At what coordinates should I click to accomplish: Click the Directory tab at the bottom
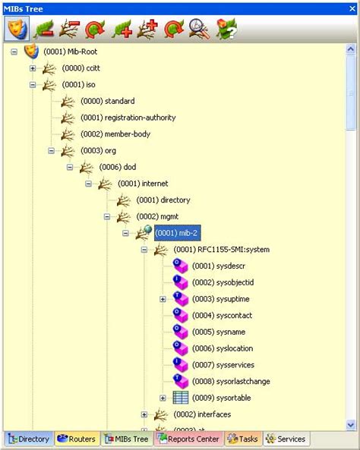pyautogui.click(x=29, y=439)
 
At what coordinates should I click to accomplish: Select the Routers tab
pyautogui.click(x=76, y=439)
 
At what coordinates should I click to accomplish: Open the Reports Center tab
pyautogui.click(x=188, y=439)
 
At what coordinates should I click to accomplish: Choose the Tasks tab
pyautogui.click(x=243, y=439)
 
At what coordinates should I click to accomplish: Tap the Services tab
pyautogui.click(x=286, y=439)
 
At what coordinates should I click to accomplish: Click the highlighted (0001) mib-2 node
pyautogui.click(x=178, y=233)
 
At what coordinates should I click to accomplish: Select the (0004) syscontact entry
pyautogui.click(x=222, y=315)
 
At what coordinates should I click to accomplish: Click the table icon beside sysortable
pyautogui.click(x=180, y=398)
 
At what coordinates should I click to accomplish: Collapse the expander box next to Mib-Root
pyautogui.click(x=14, y=52)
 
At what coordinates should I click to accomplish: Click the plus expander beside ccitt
pyautogui.click(x=33, y=68)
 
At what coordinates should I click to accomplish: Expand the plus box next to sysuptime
pyautogui.click(x=163, y=299)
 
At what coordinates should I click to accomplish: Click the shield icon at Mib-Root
pyautogui.click(x=31, y=52)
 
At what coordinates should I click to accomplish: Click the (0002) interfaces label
pyautogui.click(x=202, y=414)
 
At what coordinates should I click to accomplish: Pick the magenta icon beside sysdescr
pyautogui.click(x=180, y=266)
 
